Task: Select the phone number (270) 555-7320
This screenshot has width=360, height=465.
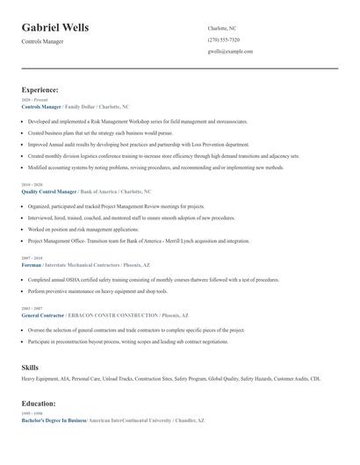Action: coord(223,39)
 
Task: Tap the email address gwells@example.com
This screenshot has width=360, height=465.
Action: coord(230,51)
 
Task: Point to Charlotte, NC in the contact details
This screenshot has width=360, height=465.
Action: coord(222,28)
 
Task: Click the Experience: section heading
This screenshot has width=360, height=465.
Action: coord(40,89)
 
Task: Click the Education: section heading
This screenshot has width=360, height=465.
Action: coord(39,404)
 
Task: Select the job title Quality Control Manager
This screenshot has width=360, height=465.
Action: coord(48,190)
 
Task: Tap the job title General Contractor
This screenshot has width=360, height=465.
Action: coord(41,314)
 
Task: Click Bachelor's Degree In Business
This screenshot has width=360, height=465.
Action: coord(54,421)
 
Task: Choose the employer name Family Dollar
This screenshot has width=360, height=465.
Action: coord(85,106)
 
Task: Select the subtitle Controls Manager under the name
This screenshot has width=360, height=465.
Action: coord(42,41)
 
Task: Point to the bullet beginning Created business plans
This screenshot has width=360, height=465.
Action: coord(97,132)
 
